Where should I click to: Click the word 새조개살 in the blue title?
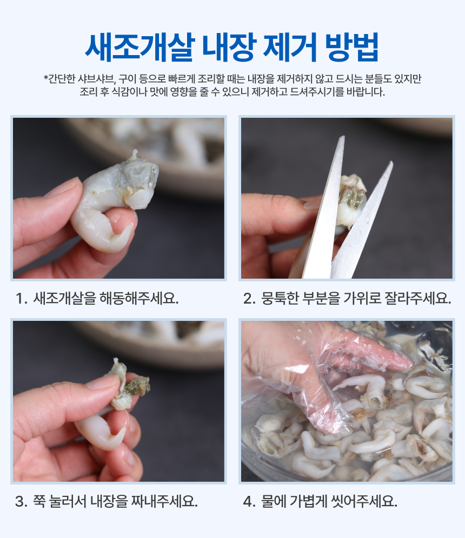[x=140, y=47]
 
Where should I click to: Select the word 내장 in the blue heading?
[x=229, y=47]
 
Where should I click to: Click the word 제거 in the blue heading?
[x=290, y=47]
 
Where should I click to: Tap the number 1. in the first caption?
[x=21, y=299]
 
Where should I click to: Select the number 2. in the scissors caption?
[x=249, y=299]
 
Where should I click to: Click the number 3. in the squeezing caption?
[x=21, y=502]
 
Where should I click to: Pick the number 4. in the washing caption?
[x=249, y=502]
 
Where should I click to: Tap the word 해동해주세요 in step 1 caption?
[x=139, y=298]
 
